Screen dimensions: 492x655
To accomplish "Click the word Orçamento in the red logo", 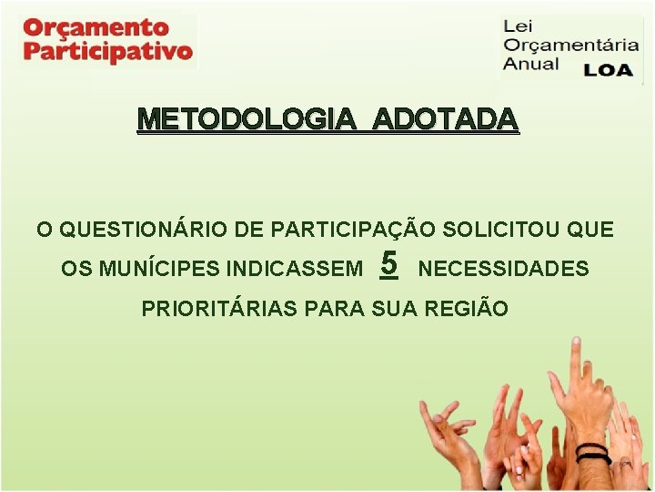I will [96, 27].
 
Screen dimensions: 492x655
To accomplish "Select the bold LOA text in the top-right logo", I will [608, 69].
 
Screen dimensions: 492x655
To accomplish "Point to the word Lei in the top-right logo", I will [518, 26].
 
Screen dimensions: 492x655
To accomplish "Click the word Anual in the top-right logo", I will [532, 66].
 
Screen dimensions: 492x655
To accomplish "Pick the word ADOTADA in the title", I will [446, 119].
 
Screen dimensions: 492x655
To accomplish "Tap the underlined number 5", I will [389, 264].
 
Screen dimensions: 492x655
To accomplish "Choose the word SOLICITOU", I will [510, 230].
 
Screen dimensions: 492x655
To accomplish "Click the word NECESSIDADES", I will [503, 270].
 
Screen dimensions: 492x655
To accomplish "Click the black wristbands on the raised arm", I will [593, 453].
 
